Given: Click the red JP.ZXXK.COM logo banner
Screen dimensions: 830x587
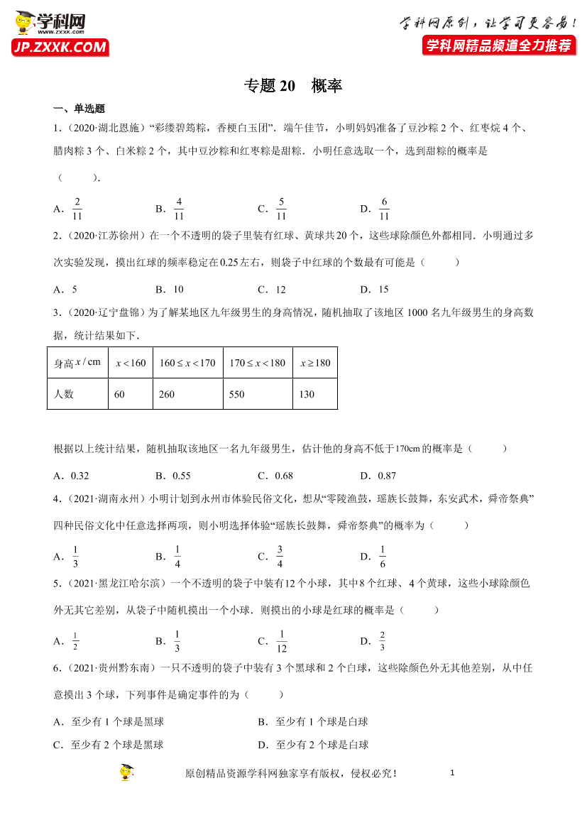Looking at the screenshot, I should pyautogui.click(x=60, y=48).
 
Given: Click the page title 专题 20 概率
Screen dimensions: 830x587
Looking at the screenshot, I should pyautogui.click(x=293, y=86).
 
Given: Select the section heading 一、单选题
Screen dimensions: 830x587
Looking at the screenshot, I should pyautogui.click(x=79, y=109).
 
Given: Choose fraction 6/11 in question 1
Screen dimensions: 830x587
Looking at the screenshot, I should pyautogui.click(x=384, y=209).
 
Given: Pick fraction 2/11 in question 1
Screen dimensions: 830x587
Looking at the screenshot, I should pyautogui.click(x=77, y=209).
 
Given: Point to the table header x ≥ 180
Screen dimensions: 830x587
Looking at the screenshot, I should pyautogui.click(x=315, y=363).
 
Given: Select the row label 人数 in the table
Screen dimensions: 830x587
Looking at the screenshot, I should pyautogui.click(x=64, y=394).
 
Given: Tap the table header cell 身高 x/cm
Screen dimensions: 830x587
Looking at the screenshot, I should pyautogui.click(x=77, y=363).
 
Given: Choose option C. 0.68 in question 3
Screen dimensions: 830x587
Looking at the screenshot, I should pyautogui.click(x=275, y=476).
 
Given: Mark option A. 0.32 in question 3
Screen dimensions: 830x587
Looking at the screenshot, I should pyautogui.click(x=71, y=476).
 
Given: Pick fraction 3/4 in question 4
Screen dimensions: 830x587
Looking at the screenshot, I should pyautogui.click(x=280, y=557).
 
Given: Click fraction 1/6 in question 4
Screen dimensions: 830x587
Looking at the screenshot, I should pyautogui.click(x=383, y=557).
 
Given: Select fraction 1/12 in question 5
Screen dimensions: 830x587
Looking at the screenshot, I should pyautogui.click(x=281, y=641).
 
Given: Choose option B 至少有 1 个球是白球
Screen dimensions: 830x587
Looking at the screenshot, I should pyautogui.click(x=313, y=721).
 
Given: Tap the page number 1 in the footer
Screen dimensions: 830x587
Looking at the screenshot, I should pyautogui.click(x=452, y=773).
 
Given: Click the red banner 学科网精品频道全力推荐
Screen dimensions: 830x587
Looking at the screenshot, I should pyautogui.click(x=498, y=46).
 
